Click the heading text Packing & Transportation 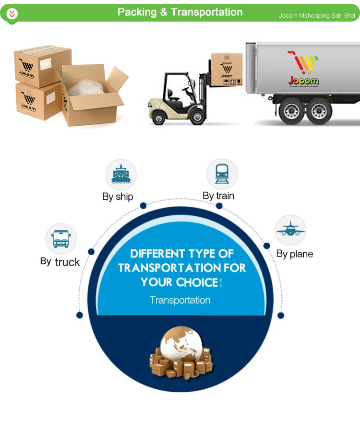coord(180,12)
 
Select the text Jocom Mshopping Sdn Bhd coord(317,15)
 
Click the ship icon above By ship coord(121,175)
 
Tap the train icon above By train coord(222,174)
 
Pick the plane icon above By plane coord(290,229)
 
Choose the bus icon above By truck coord(61,238)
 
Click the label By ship coord(118,197)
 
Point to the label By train coord(218,196)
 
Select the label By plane coord(294,254)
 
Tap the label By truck coord(60,262)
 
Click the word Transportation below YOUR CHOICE coord(180,300)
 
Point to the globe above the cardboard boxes coord(181,345)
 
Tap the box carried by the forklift coord(227,69)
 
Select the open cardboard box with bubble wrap coord(89,96)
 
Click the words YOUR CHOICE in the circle coord(180,282)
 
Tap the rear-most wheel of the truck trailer coord(319,111)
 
